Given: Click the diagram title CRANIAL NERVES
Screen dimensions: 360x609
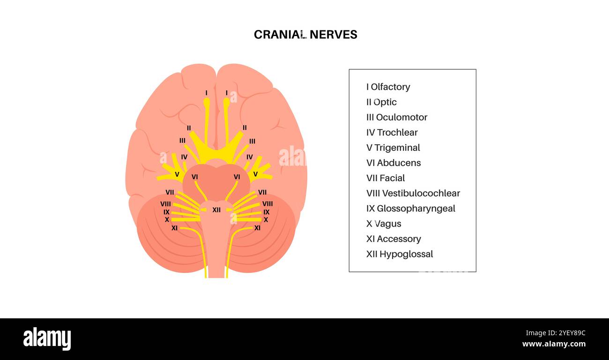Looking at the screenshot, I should tap(305, 35).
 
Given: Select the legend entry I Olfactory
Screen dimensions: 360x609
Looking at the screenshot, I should tap(388, 87).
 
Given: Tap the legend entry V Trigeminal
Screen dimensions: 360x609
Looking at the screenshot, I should tap(393, 147).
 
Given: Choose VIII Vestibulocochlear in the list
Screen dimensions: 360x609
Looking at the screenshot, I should tap(413, 193).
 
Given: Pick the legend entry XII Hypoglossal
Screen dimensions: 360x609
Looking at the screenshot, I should tap(399, 254).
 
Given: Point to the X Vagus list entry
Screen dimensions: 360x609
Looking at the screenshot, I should tap(384, 223).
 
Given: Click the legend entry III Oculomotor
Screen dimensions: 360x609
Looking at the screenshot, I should tap(396, 117).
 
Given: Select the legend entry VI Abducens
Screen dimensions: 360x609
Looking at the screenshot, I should tap(394, 162).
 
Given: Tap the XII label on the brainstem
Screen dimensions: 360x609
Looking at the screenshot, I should tap(216, 210).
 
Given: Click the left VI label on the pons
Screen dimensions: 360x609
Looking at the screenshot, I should tap(195, 177).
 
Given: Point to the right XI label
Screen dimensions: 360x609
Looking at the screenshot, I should tap(257, 228).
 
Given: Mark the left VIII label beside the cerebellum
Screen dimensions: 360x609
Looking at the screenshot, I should tap(165, 204).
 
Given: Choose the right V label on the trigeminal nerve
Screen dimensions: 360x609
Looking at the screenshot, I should tap(255, 174).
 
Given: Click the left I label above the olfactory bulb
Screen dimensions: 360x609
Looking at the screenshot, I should tap(206, 93).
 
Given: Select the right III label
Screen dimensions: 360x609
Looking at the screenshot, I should tap(252, 141).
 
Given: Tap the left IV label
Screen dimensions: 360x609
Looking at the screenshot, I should tap(184, 157).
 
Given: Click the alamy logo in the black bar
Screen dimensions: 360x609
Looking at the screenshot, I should tap(47, 339).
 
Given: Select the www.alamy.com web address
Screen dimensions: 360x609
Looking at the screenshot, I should tap(554, 344).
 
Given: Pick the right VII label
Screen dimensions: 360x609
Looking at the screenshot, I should tap(262, 192).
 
